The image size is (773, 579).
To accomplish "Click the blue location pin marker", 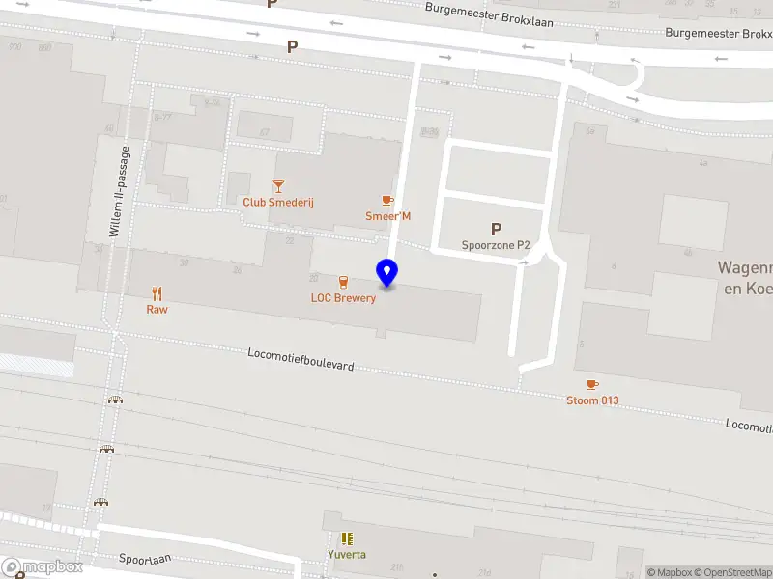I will point(387,273).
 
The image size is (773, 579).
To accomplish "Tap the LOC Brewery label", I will point(343,298).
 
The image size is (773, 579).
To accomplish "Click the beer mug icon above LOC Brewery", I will point(343,282).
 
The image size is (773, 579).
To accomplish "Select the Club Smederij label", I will point(278,203).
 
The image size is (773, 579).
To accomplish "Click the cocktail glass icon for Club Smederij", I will point(278,186).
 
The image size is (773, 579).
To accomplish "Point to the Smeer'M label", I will point(387,216).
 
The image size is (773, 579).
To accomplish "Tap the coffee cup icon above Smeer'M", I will point(387,200).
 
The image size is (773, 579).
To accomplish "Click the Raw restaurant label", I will point(157,310).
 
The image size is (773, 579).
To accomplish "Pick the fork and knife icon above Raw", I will point(157,293).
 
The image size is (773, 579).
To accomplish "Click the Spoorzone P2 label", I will point(496,245).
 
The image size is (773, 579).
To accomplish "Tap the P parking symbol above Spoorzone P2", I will point(496,229).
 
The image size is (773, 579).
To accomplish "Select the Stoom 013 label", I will point(592,400).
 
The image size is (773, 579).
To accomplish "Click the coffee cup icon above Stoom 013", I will point(592,384).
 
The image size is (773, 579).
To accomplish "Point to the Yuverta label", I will point(346,555).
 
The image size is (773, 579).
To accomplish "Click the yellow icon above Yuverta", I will point(346,538).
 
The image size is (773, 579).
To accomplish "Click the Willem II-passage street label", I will point(118,193).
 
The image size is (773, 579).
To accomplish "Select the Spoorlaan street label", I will point(144,559).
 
